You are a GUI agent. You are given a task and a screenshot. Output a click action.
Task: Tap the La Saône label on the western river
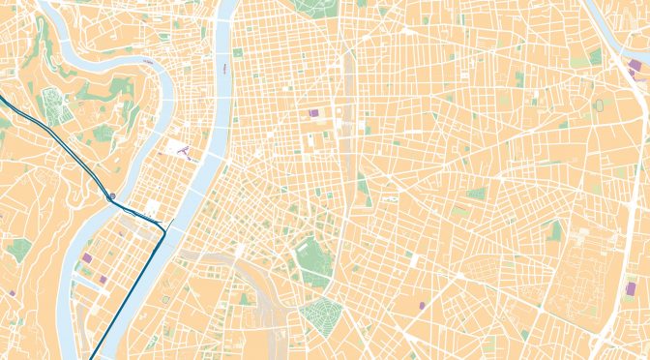148,60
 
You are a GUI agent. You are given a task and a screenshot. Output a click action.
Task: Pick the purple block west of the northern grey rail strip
312,113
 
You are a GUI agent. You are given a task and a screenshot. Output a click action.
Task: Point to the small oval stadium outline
601,104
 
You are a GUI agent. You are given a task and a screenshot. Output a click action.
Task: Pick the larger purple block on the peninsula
87,258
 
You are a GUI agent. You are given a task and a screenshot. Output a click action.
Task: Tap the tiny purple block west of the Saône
12,291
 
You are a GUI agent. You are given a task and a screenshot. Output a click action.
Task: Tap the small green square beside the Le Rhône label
237,53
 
